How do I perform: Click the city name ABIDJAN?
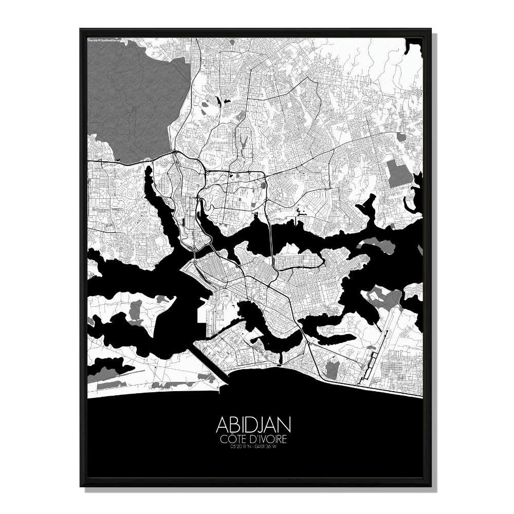pyautogui.click(x=254, y=425)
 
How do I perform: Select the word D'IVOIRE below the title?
pyautogui.click(x=269, y=439)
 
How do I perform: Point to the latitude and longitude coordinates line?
pyautogui.click(x=254, y=447)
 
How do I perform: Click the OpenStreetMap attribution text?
pyautogui.click(x=102, y=39)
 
